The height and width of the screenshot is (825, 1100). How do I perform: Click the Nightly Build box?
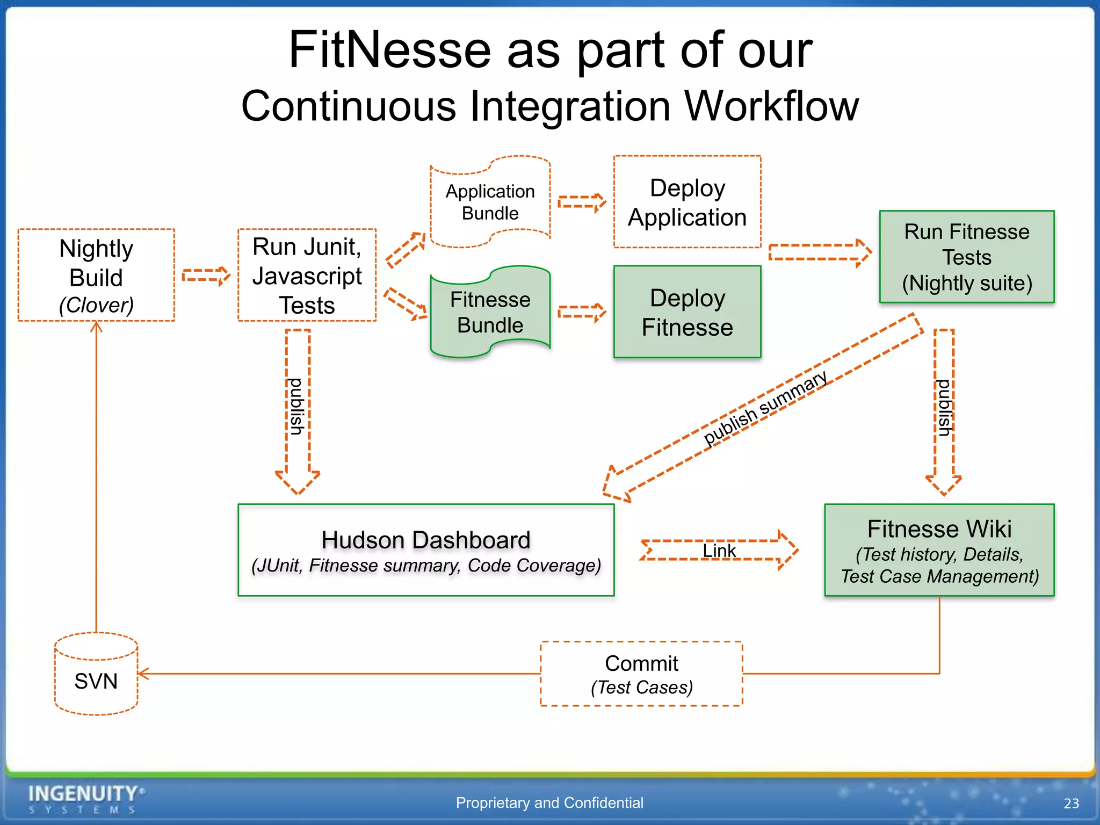(96, 275)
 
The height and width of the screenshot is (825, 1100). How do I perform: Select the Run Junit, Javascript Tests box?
(307, 275)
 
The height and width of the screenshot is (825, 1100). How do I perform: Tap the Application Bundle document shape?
(490, 202)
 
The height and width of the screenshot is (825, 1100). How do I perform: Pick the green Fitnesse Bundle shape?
(490, 312)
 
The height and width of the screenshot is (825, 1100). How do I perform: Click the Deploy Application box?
(687, 202)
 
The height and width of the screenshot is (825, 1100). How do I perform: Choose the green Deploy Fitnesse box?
(687, 312)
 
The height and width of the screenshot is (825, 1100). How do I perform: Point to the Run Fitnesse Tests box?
(966, 257)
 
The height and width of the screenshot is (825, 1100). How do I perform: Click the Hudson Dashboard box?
(426, 550)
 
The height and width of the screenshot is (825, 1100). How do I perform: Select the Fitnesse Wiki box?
(939, 550)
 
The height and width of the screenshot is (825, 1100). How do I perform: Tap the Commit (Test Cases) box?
(641, 674)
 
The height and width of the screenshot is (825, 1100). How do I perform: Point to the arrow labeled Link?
(719, 550)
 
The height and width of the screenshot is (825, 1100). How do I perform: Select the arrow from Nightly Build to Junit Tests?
(206, 276)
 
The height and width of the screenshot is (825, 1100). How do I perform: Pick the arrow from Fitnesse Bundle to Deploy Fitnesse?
(582, 312)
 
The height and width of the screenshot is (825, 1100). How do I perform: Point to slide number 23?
(1071, 803)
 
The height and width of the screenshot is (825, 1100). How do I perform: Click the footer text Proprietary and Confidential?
(549, 802)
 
